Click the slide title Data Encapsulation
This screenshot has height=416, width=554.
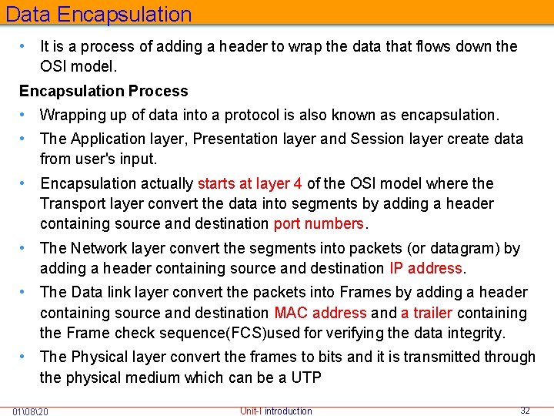click(x=98, y=14)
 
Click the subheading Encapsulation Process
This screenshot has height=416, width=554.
click(x=103, y=91)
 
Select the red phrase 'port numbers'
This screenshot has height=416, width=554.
click(x=319, y=224)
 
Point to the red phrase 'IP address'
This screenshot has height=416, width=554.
click(x=426, y=269)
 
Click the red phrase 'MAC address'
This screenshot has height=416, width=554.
click(x=320, y=313)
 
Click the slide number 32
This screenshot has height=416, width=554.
click(x=525, y=411)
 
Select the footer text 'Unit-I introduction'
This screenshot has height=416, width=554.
click(x=276, y=411)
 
